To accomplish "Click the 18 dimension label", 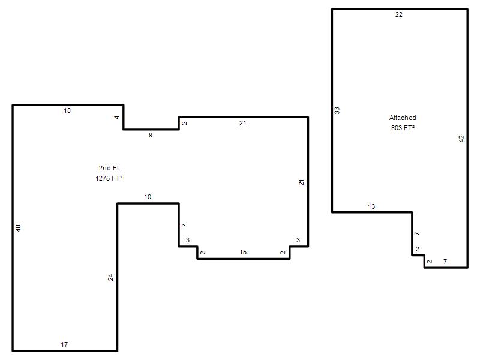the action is pyautogui.click(x=67, y=110).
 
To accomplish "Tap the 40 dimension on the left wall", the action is pyautogui.click(x=19, y=228).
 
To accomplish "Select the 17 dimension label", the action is pyautogui.click(x=64, y=344).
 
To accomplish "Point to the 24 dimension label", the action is pyautogui.click(x=110, y=277).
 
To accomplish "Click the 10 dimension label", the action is pyautogui.click(x=148, y=197).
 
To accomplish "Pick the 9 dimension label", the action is pyautogui.click(x=151, y=135).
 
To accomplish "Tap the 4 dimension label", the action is pyautogui.click(x=116, y=117).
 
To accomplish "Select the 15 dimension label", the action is pyautogui.click(x=243, y=252).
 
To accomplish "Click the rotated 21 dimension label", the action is pyautogui.click(x=302, y=182).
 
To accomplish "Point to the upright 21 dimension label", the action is pyautogui.click(x=243, y=123).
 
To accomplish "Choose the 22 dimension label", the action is pyautogui.click(x=399, y=14).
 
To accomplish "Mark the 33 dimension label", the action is pyautogui.click(x=337, y=110).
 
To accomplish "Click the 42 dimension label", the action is pyautogui.click(x=461, y=139).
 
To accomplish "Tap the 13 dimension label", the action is pyautogui.click(x=371, y=206).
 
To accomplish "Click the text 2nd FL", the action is pyautogui.click(x=110, y=168).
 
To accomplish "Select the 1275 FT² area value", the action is pyautogui.click(x=109, y=178).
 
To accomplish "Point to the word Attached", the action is pyautogui.click(x=403, y=118).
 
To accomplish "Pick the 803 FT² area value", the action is pyautogui.click(x=403, y=128).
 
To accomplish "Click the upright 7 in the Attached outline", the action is pyautogui.click(x=445, y=262).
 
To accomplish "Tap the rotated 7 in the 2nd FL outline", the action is pyautogui.click(x=184, y=226).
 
